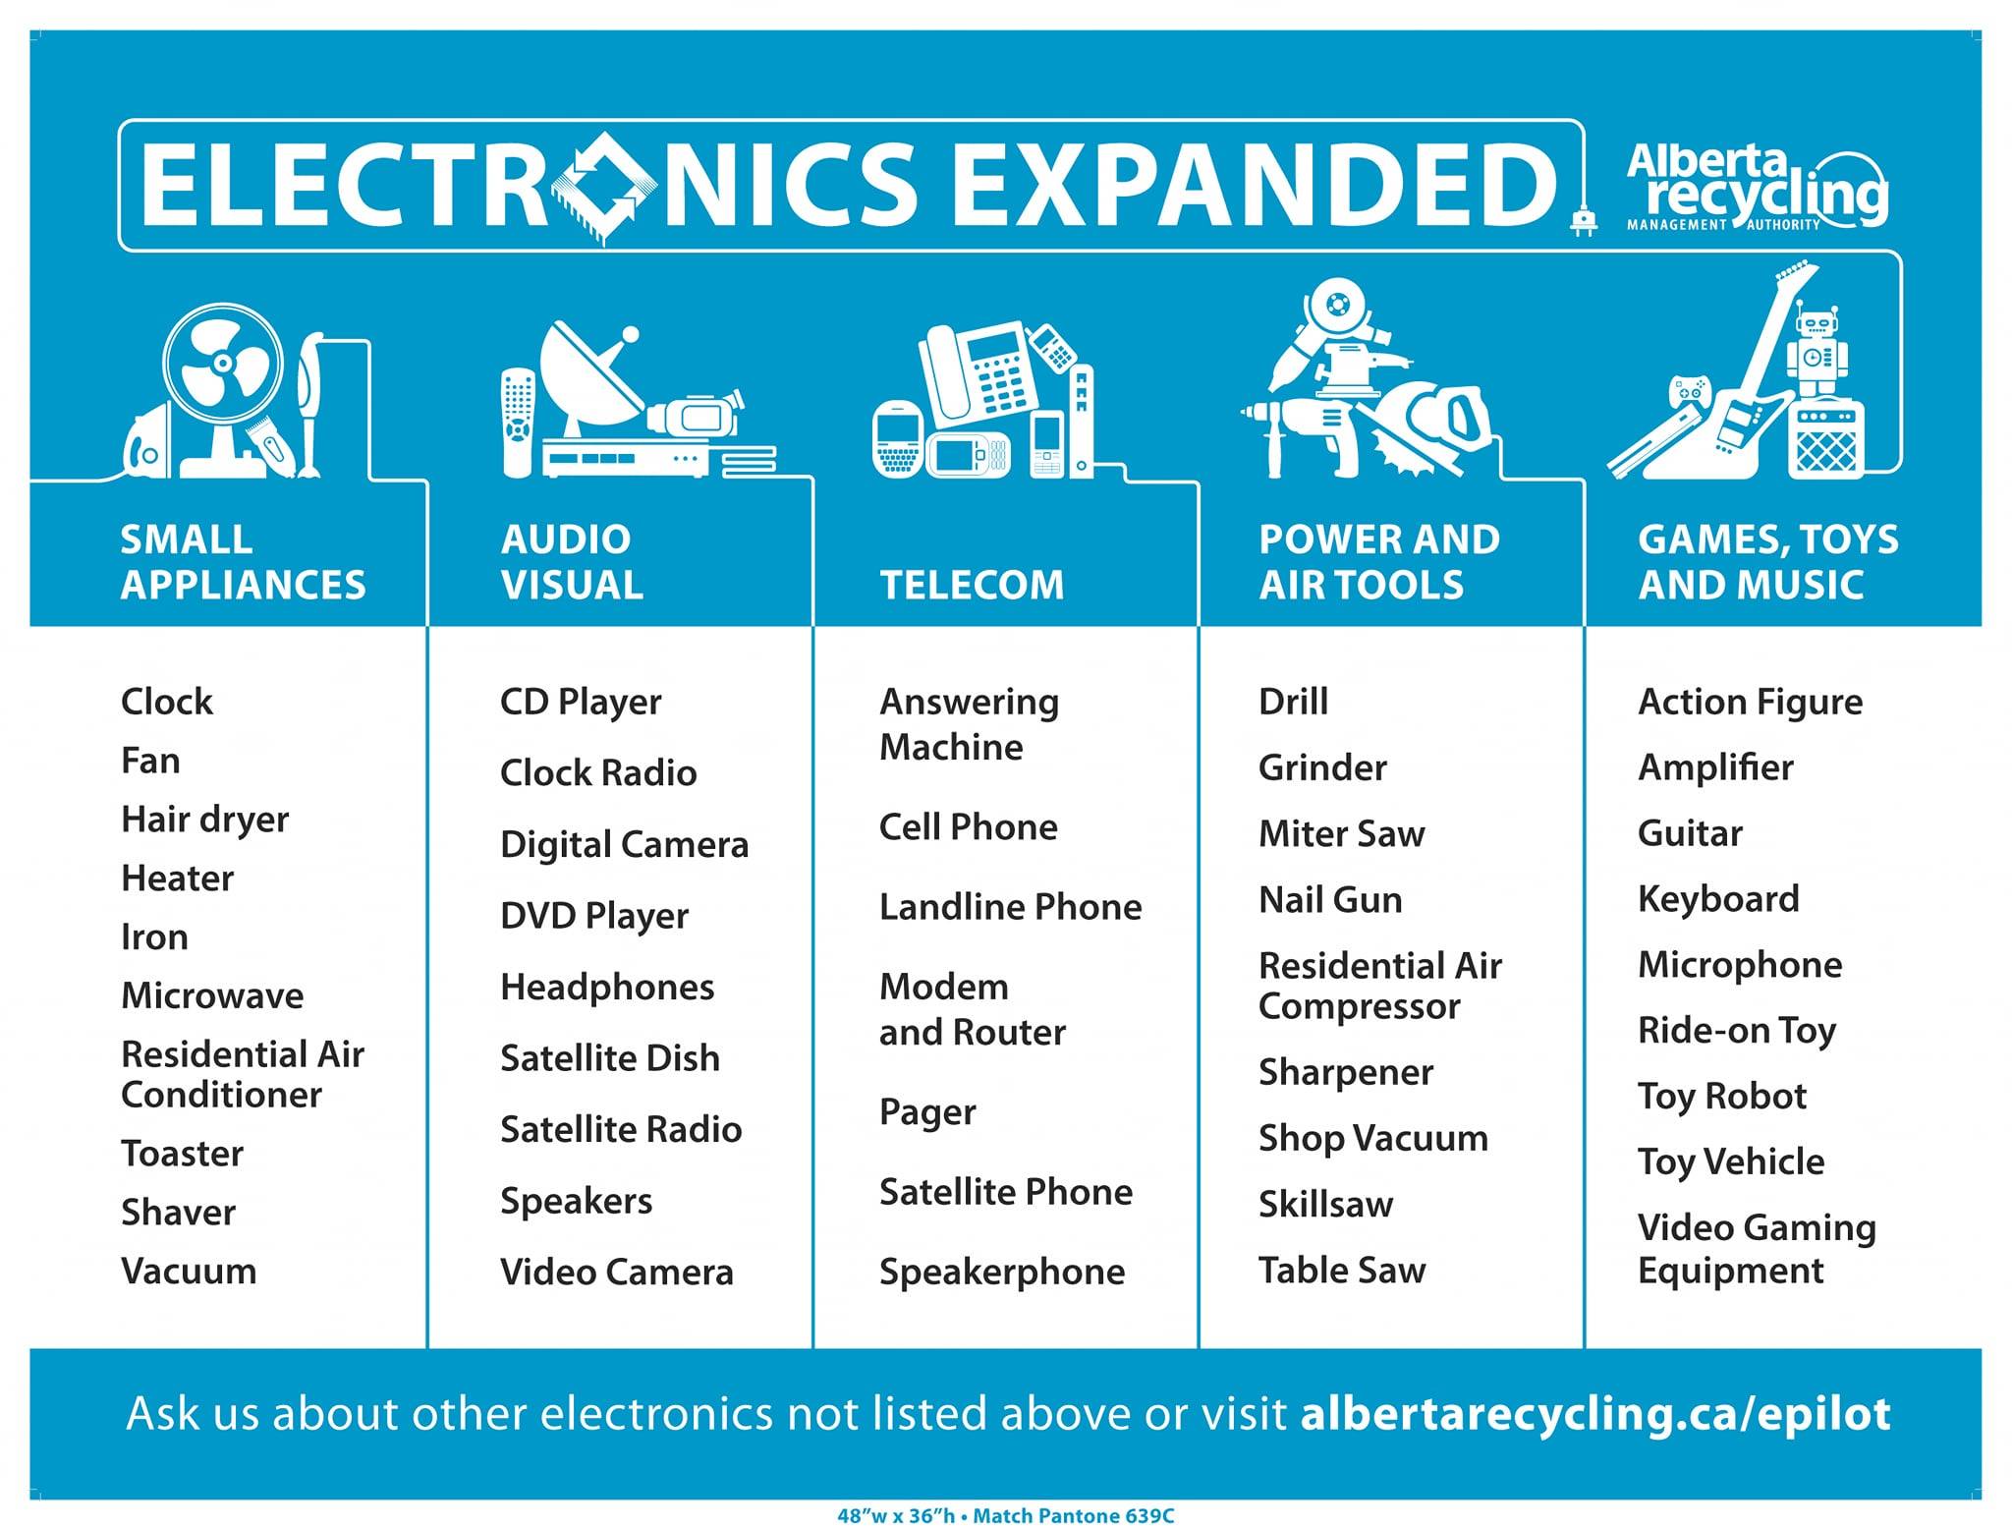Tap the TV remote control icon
[518, 423]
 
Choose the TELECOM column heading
[972, 585]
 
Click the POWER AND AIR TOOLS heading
[1379, 561]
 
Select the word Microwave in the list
[212, 995]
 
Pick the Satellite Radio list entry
[621, 1129]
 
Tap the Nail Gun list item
[1330, 899]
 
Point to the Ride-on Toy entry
[1737, 1031]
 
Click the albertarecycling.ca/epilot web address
[1595, 1413]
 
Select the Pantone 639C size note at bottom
[1005, 1515]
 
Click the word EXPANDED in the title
[1255, 184]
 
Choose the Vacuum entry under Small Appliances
[189, 1271]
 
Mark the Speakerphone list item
[1002, 1273]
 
